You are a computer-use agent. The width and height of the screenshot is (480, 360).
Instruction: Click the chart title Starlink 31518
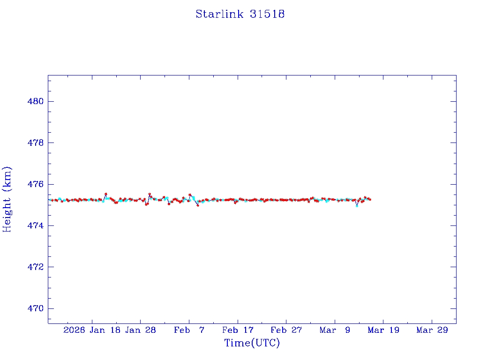240,14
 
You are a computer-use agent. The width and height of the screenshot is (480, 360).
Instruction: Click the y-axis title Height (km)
7,199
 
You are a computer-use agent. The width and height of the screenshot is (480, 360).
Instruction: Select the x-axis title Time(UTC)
252,343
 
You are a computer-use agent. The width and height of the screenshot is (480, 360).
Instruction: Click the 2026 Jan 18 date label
91,330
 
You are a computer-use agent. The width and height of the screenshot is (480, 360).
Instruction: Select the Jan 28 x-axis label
140,330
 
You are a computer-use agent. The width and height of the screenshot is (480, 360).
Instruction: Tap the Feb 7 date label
189,330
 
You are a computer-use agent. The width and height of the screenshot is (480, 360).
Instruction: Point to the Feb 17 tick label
238,330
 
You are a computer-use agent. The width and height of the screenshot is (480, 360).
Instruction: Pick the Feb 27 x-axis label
286,330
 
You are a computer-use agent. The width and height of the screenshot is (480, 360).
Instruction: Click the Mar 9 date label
335,330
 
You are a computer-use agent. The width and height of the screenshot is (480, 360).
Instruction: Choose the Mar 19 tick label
383,330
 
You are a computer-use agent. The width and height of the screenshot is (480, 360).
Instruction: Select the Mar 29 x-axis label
432,330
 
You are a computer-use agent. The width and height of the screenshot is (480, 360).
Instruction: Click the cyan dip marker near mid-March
357,205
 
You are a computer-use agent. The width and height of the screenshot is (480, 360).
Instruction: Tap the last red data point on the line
370,199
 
